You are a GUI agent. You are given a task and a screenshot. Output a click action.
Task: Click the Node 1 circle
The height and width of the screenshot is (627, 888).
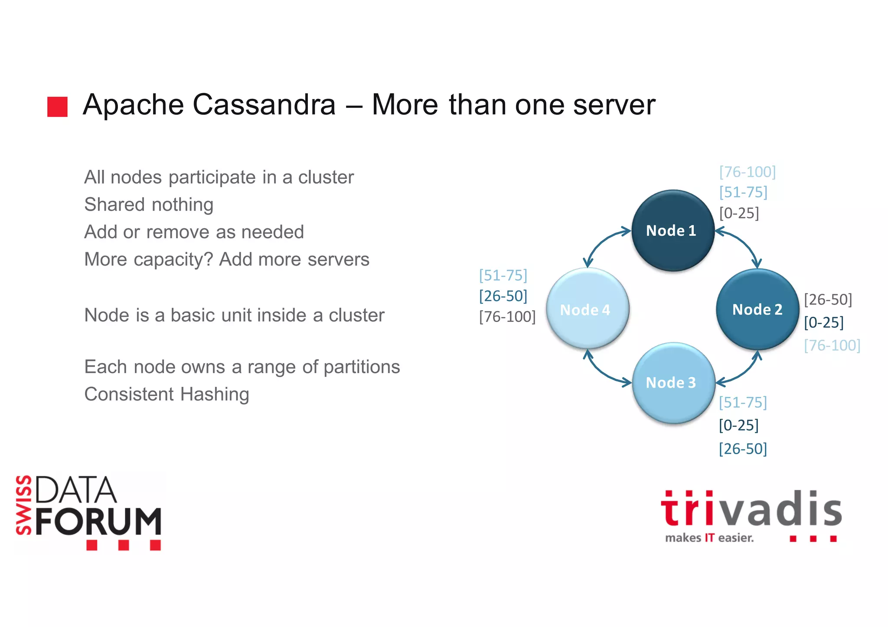click(x=673, y=231)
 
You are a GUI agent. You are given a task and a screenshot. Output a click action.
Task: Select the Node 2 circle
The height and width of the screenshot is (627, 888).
click(x=757, y=309)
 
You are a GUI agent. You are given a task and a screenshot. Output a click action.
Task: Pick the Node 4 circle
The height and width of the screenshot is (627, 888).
click(x=588, y=309)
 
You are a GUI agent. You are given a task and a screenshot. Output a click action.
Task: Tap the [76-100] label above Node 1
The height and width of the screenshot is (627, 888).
click(x=748, y=172)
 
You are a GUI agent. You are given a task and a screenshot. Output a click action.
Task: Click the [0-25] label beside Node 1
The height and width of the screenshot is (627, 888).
click(x=739, y=213)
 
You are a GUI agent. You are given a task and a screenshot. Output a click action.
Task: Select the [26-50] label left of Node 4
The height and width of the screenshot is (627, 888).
click(x=503, y=296)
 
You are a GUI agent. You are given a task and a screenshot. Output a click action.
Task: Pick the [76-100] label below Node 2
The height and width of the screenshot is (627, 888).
click(x=832, y=345)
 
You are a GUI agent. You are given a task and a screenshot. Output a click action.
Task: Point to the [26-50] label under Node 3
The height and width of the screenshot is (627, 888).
click(x=743, y=448)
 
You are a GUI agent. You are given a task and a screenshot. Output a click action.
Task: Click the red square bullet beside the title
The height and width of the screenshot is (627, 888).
click(x=57, y=107)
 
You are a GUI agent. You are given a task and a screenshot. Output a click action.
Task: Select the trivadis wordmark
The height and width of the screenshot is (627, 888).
click(x=751, y=509)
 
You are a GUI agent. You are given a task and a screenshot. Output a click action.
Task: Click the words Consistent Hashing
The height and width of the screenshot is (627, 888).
click(x=166, y=394)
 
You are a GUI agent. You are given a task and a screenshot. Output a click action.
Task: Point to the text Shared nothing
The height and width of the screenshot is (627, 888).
click(x=149, y=205)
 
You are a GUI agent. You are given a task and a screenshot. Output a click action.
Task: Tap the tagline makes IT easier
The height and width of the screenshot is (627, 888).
click(x=709, y=538)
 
